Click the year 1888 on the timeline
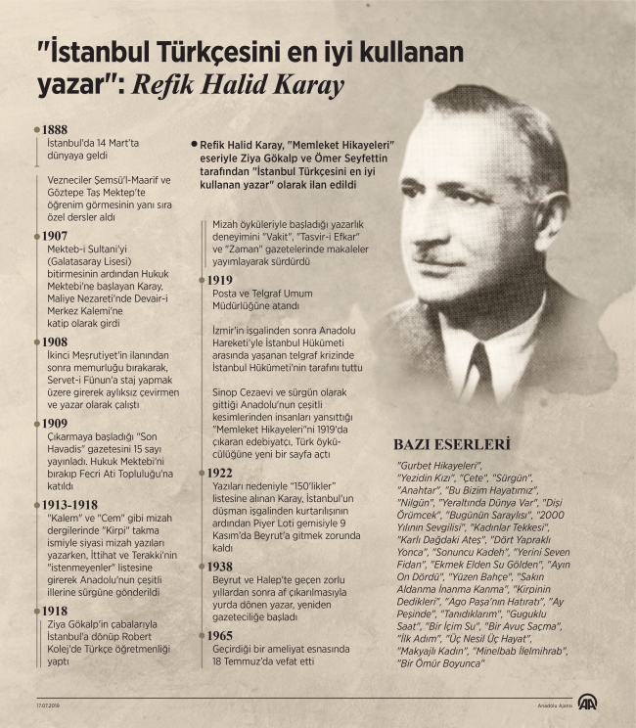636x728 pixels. pos(54,130)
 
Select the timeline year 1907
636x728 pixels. pos(54,237)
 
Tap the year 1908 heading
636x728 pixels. pos(54,342)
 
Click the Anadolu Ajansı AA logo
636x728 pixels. pos(587,702)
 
